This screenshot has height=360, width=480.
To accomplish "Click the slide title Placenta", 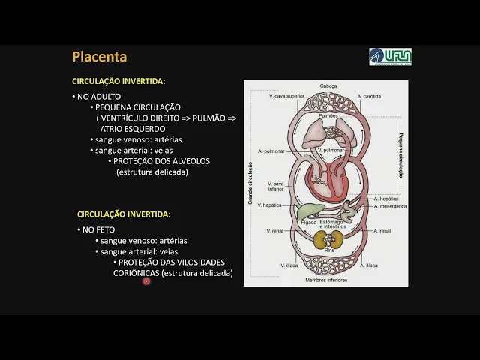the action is point(99,57).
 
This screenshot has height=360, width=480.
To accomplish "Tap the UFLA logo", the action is point(390,57).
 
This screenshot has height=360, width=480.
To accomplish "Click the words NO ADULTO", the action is point(99,97).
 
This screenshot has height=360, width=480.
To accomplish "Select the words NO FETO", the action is point(98,229).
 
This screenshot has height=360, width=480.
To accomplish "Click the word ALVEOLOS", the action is point(189,161).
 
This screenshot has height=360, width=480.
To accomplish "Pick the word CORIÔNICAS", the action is point(136,273).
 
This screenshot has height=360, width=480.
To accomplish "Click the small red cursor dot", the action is point(146,281).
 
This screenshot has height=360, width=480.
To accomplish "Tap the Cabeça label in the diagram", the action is point(328,86).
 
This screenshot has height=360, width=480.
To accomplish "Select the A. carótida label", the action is point(370,97).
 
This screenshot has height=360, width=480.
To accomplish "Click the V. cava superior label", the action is point(287,97).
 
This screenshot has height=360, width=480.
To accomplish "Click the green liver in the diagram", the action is point(309,210).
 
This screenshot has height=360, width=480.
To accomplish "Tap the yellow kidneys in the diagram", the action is point(328,240).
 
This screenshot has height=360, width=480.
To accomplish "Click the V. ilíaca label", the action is point(289,265).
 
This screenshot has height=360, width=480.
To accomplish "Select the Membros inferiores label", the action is point(327,280).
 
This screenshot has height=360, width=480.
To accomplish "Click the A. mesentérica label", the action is point(390,206).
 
